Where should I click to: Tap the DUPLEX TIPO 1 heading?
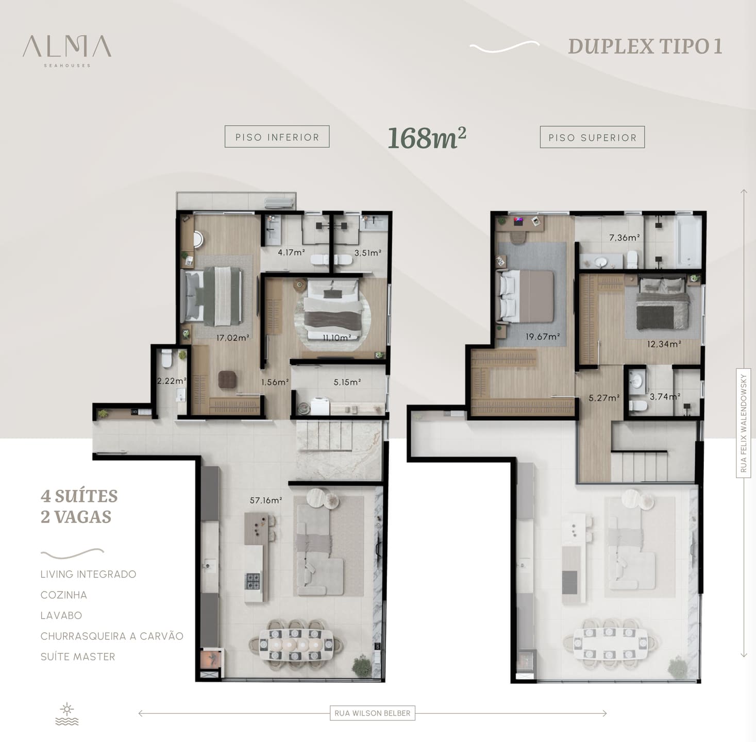click(x=645, y=46)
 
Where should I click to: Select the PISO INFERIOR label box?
click(x=277, y=137)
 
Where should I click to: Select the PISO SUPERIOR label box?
click(x=592, y=137)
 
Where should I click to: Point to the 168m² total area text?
click(x=427, y=138)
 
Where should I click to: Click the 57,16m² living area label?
click(x=266, y=500)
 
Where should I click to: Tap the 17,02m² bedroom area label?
click(x=232, y=338)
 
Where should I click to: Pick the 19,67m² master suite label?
click(x=543, y=336)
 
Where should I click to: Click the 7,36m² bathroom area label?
click(x=624, y=238)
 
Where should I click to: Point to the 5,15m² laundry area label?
click(x=347, y=382)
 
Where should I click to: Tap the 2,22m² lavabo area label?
click(x=172, y=381)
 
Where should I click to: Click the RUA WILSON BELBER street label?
click(x=372, y=713)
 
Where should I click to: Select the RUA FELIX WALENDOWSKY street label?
click(x=743, y=423)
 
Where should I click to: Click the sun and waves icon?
click(x=67, y=714)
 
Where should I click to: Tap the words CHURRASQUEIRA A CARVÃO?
click(x=112, y=636)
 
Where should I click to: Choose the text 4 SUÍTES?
click(x=79, y=496)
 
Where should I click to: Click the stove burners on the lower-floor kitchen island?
click(x=253, y=581)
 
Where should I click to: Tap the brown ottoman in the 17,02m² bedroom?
click(x=227, y=379)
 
